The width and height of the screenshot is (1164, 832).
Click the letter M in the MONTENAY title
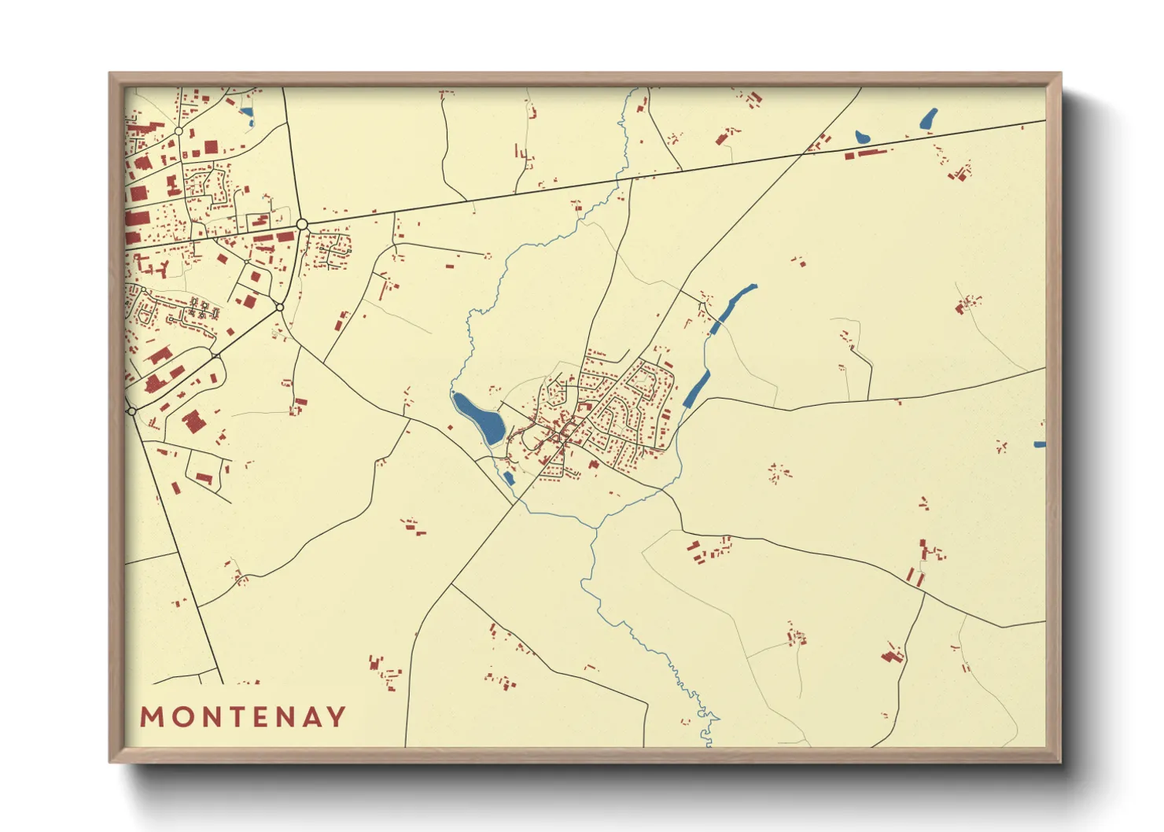point(152,716)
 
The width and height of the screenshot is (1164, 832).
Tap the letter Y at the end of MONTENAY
point(337,716)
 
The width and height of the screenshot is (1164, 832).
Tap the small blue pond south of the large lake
point(509,477)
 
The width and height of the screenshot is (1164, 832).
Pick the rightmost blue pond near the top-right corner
point(929,119)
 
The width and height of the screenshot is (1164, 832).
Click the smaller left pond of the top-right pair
point(863,138)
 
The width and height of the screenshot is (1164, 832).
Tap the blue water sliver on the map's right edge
point(1040,445)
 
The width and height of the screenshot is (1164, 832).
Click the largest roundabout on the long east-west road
point(302,225)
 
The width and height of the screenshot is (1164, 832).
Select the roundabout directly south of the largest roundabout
point(280,307)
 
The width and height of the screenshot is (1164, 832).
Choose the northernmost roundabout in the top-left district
point(179,131)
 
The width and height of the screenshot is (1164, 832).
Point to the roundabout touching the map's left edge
point(131,411)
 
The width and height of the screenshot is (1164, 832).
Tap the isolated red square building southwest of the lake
point(450,428)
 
